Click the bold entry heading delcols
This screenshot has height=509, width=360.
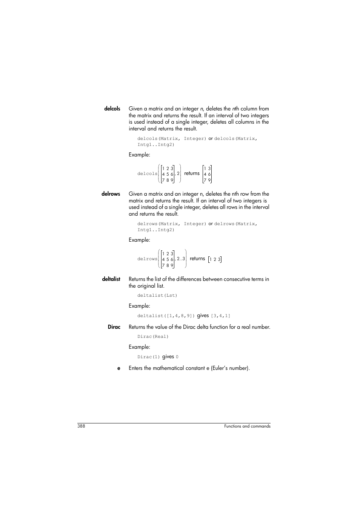[112, 109]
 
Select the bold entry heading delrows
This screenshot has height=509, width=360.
[111, 194]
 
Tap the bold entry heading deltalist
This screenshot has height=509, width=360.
[111, 279]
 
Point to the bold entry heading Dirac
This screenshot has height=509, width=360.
[114, 327]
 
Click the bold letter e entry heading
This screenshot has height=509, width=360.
[118, 368]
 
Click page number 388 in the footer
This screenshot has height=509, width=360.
[81, 426]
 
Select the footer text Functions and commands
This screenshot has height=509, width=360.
[247, 426]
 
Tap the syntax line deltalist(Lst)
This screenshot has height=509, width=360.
[157, 296]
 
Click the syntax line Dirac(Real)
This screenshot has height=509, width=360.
[153, 337]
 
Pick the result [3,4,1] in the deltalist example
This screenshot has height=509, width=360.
[220, 316]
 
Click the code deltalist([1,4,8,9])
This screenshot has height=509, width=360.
[166, 316]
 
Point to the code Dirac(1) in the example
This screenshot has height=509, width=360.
[149, 357]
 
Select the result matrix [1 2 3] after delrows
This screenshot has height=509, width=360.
[215, 259]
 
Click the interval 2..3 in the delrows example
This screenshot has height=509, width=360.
[181, 259]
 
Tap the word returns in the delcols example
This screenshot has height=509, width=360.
[192, 173]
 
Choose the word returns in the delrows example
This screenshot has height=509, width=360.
[197, 259]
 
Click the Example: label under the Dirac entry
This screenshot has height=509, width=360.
[139, 347]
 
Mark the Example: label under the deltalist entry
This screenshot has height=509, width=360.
[139, 306]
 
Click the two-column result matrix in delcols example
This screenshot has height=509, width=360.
[207, 174]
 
